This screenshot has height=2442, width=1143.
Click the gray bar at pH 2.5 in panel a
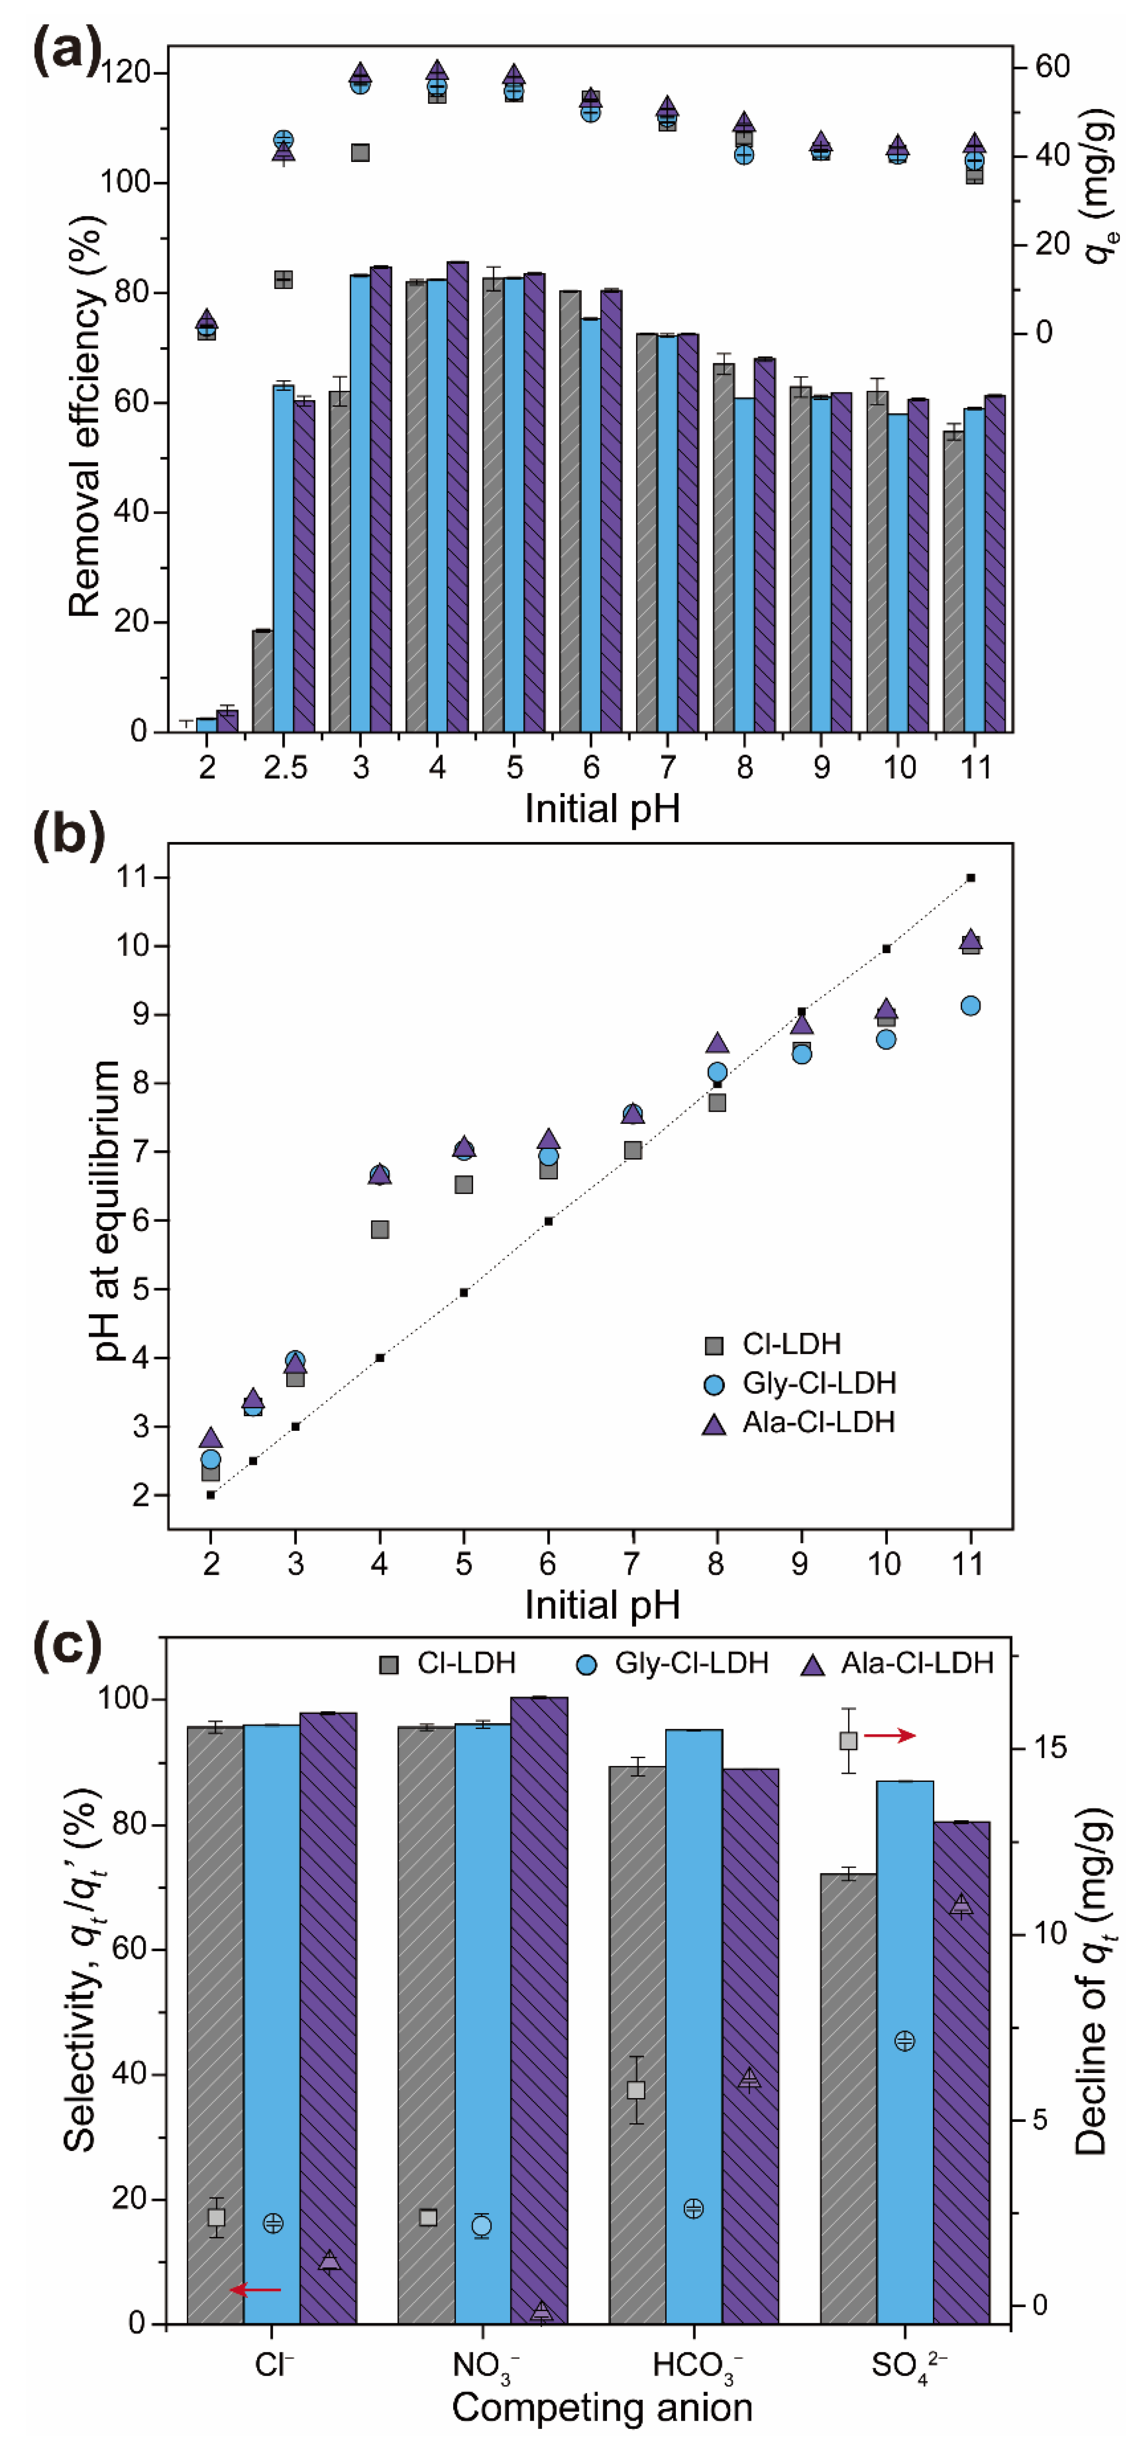[263, 680]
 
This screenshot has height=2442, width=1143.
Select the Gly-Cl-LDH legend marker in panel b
[714, 1385]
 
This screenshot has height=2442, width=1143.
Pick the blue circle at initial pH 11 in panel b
[969, 1006]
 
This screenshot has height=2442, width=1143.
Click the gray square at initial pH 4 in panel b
[379, 1229]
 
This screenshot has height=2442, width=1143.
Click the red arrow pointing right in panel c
[890, 1736]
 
